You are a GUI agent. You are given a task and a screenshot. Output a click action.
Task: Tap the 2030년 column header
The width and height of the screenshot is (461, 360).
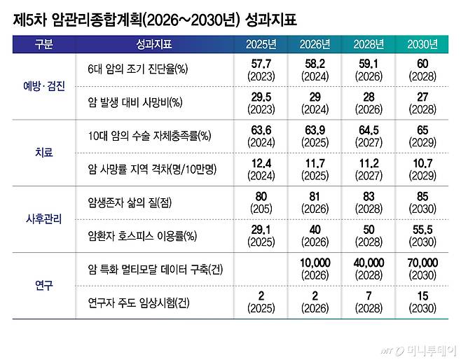click(422, 45)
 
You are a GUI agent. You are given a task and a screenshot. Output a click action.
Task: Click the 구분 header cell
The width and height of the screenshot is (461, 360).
click(43, 45)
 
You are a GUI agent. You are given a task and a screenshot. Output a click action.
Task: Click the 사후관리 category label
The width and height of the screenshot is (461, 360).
click(43, 218)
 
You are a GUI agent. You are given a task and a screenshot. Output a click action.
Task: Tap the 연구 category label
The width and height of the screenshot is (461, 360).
click(43, 286)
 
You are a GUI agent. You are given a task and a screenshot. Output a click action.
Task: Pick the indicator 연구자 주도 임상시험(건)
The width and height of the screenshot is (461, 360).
click(135, 301)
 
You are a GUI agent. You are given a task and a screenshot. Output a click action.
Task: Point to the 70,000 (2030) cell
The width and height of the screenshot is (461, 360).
click(422, 268)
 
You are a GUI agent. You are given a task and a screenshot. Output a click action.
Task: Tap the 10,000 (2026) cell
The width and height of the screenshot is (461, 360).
click(315, 268)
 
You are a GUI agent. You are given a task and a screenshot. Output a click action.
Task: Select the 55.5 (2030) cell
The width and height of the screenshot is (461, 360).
click(422, 235)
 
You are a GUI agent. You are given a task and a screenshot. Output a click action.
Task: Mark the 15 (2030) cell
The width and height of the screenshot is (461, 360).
click(422, 301)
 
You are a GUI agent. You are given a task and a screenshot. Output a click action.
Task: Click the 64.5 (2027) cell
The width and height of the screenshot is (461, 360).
click(369, 136)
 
